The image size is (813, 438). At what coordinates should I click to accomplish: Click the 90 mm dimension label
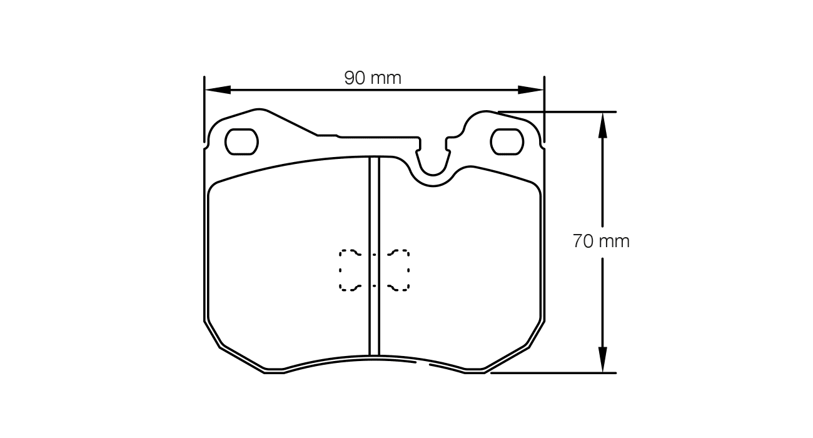click(373, 78)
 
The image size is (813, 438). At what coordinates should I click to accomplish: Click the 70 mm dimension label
click(601, 241)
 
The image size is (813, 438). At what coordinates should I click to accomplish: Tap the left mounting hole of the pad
click(242, 141)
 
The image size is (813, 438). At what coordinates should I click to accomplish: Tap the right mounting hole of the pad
click(507, 141)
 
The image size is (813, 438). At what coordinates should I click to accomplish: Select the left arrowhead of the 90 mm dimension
click(218, 89)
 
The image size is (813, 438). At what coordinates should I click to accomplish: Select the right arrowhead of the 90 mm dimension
click(530, 89)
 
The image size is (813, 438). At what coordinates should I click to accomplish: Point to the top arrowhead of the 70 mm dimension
click(602, 125)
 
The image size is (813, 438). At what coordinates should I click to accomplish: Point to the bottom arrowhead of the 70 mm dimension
click(602, 359)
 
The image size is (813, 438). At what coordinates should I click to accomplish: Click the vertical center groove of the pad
click(374, 256)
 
